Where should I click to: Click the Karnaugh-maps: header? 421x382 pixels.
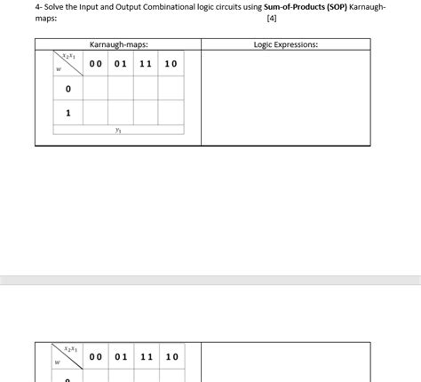click(118, 44)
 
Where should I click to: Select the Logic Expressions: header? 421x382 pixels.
click(286, 44)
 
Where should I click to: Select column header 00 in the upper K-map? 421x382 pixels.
click(95, 64)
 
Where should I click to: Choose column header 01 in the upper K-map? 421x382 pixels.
click(121, 64)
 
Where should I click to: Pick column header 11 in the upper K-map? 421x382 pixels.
click(147, 64)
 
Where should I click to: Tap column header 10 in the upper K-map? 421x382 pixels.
click(171, 64)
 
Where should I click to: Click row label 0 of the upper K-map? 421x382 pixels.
click(68, 89)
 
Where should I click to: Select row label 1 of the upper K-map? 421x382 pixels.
click(68, 113)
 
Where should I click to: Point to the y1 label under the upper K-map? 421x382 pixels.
click(118, 130)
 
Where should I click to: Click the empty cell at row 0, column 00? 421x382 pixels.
click(95, 89)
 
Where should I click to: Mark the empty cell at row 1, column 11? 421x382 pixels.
click(147, 113)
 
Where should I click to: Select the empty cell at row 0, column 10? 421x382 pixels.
click(171, 89)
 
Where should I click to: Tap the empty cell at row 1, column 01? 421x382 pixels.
click(121, 113)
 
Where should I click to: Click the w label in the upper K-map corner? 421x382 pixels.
click(59, 72)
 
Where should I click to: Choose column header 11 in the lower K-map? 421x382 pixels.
click(147, 356)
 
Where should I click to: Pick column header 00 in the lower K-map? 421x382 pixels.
click(95, 356)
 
